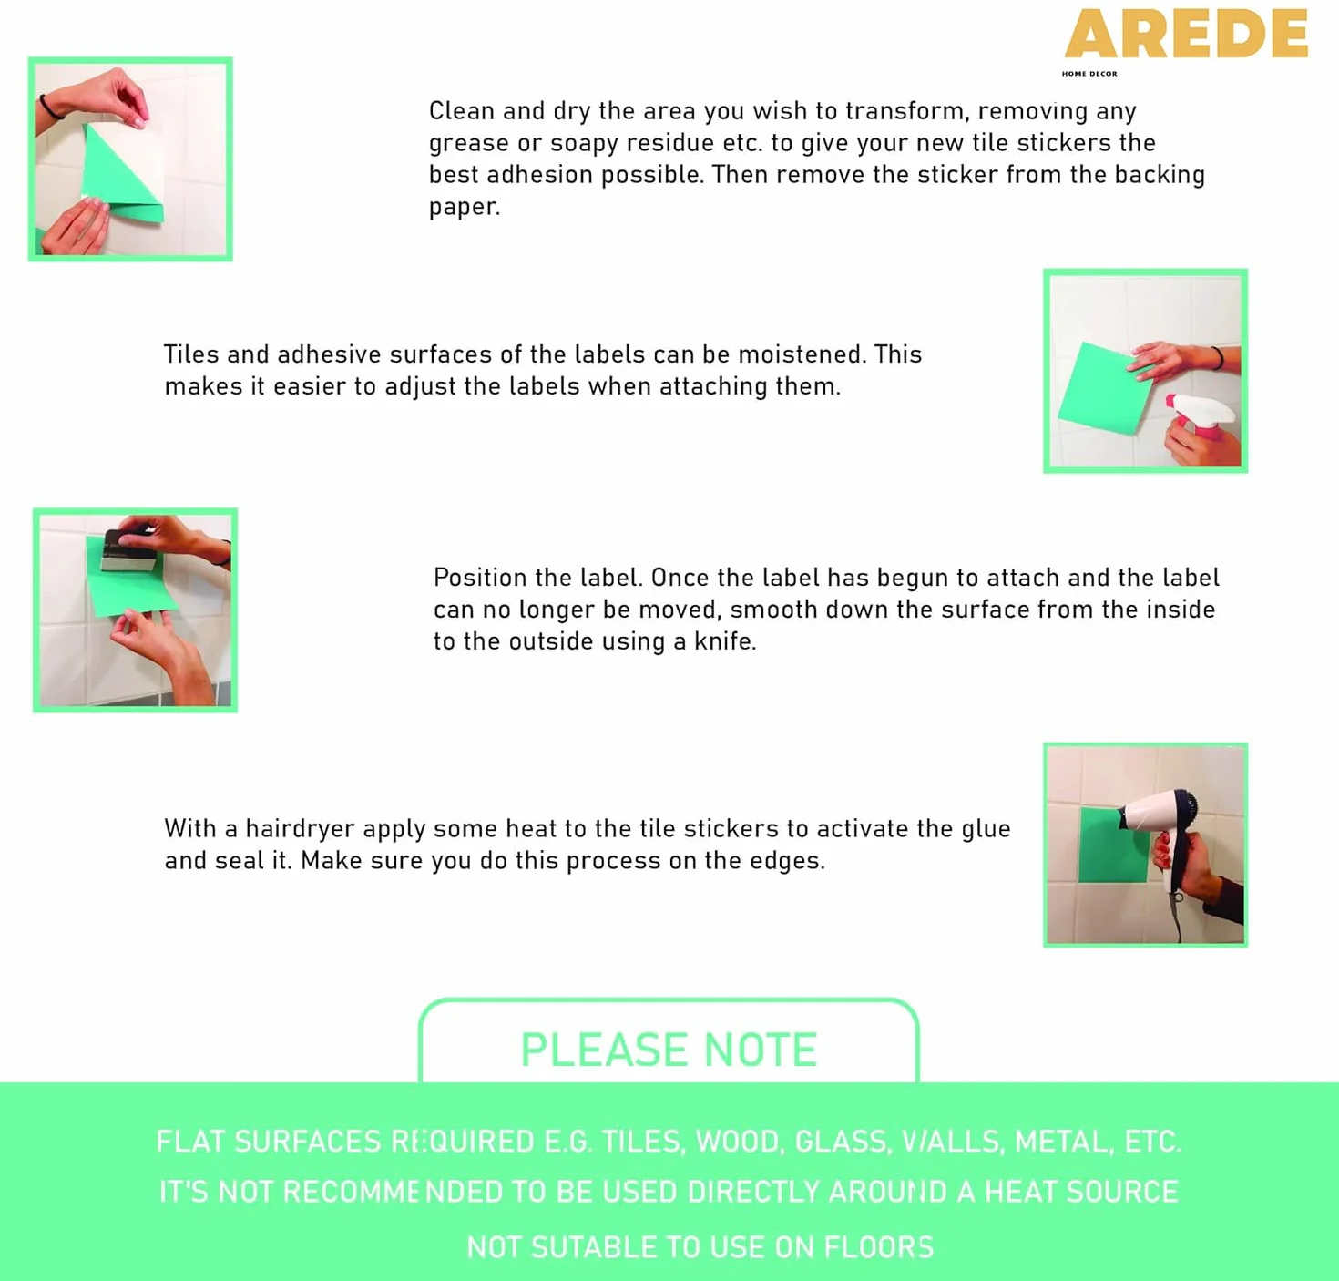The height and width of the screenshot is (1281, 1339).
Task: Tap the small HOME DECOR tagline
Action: [1089, 74]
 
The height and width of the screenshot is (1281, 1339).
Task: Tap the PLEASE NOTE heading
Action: [669, 1050]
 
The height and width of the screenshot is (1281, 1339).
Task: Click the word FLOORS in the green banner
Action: [879, 1247]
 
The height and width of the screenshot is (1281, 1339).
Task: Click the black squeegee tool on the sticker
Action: [128, 550]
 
